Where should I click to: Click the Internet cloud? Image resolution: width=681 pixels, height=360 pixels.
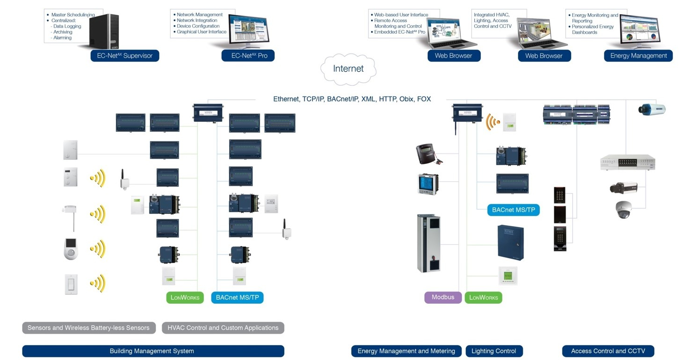348,69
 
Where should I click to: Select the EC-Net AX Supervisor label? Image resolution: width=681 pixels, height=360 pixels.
125,56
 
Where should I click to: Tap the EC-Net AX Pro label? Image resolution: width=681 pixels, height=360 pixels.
248,56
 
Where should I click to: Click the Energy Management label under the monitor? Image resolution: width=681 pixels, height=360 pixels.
638,56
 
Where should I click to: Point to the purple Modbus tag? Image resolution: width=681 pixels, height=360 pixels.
443,297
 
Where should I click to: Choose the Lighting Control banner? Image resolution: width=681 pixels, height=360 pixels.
494,351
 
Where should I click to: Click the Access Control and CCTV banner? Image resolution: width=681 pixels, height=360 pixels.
608,351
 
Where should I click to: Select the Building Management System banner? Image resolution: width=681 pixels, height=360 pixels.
153,351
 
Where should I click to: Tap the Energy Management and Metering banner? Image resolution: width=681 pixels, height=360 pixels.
406,351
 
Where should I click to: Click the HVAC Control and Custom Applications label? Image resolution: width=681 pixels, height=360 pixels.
223,328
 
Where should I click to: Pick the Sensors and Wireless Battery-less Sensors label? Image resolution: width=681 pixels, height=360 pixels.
89,328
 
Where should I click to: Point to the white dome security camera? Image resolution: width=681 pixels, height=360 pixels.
623,210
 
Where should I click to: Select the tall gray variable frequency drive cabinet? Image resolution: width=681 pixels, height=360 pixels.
428,243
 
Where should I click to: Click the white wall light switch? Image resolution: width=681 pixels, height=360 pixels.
71,284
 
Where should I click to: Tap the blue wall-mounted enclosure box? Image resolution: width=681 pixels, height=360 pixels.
510,242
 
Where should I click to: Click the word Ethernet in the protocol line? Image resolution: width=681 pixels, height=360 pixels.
286,99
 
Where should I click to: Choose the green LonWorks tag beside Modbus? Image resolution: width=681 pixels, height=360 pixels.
483,298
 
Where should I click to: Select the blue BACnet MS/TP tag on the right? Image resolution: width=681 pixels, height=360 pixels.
513,210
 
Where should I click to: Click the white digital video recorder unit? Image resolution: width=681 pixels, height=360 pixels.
627,162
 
